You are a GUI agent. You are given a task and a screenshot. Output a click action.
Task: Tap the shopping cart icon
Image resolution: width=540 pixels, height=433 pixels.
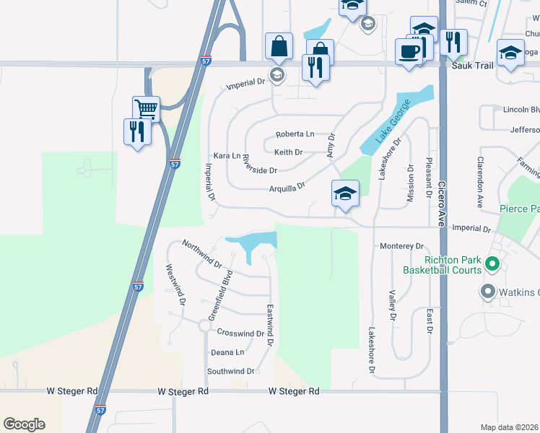click(x=147, y=109)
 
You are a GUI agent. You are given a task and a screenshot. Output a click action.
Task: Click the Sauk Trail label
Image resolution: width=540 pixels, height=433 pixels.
click(x=471, y=65)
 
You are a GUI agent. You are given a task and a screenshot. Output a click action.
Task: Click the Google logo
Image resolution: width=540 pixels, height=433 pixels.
click(x=24, y=424)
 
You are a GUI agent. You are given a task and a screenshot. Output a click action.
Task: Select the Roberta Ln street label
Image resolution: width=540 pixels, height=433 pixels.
click(x=295, y=134)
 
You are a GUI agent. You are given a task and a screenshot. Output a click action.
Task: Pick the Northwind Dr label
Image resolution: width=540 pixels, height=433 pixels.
click(x=203, y=254)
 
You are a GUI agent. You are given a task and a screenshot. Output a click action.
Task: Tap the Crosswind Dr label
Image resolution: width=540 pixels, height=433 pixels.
click(x=240, y=333)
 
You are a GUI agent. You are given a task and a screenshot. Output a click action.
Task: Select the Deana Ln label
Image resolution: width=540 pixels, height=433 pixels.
click(x=227, y=352)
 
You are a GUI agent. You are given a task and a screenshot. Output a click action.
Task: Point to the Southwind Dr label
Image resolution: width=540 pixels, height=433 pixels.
click(x=231, y=371)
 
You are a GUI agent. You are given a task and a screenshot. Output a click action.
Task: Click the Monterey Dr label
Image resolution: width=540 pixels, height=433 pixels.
click(x=401, y=246)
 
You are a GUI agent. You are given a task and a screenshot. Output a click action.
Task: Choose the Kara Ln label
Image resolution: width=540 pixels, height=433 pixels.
click(x=227, y=155)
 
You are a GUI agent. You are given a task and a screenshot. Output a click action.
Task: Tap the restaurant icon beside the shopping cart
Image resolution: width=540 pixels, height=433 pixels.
click(x=137, y=131)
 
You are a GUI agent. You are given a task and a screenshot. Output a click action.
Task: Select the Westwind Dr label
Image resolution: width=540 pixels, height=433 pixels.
click(x=176, y=282)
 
